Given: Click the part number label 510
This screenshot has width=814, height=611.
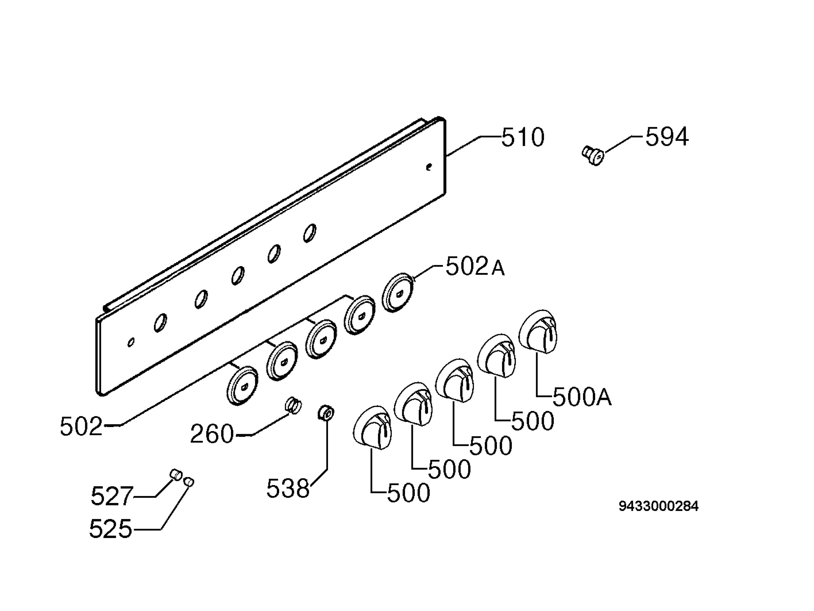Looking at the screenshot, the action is (523, 137).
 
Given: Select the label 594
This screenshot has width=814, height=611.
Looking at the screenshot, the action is (667, 137).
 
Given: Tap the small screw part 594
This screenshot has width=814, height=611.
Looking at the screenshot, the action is (593, 155).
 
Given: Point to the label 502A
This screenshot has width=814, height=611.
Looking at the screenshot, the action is (475, 267).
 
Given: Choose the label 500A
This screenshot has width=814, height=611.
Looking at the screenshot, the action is (582, 397).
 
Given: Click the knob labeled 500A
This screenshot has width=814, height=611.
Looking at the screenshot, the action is (538, 332).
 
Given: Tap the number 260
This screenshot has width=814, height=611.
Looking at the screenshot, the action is (212, 434).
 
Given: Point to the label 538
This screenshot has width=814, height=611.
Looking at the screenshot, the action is (288, 489).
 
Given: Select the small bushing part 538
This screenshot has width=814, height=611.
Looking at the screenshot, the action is (326, 413).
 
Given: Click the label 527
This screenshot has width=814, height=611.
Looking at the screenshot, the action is (112, 496).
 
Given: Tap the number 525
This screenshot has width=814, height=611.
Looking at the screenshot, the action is (110, 529).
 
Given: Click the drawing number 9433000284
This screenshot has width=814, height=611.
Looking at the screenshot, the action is (658, 506).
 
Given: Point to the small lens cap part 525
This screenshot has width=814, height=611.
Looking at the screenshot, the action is (189, 482).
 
